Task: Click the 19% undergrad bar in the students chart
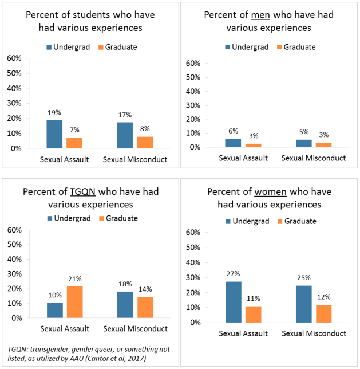click(54, 134)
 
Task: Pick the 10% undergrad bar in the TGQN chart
click(54, 310)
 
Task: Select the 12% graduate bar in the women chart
click(323, 313)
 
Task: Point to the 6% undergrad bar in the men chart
click(233, 143)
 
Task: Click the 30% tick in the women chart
click(193, 277)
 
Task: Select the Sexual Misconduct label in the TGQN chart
click(135, 329)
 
